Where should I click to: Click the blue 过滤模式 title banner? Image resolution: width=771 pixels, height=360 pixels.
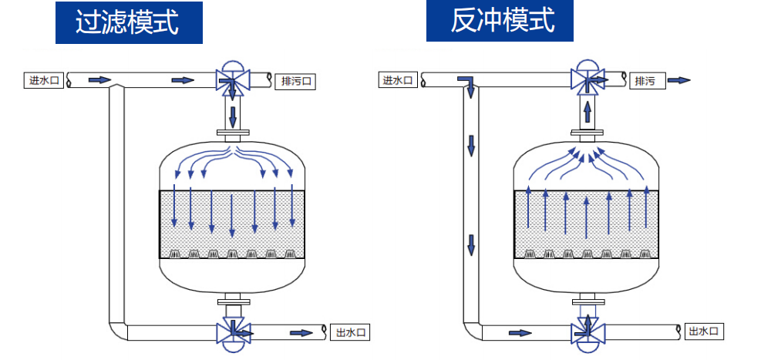tap(128, 22)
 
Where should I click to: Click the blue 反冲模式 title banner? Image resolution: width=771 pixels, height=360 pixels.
tap(502, 20)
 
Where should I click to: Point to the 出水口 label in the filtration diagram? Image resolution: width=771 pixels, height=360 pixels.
tap(350, 333)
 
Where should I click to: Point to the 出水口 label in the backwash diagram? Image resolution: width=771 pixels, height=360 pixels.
tap(705, 331)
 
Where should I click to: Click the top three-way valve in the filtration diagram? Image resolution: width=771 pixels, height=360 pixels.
tap(231, 79)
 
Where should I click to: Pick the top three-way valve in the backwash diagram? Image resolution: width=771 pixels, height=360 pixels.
tap(587, 79)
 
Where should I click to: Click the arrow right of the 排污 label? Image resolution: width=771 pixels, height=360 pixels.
tap(678, 80)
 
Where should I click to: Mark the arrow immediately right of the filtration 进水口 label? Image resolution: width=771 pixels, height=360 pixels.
tap(99, 79)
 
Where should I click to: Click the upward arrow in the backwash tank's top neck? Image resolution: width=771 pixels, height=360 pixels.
tap(588, 113)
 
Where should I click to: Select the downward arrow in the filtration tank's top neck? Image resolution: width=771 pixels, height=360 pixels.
tap(232, 118)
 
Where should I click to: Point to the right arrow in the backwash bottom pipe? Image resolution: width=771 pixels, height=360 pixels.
tap(520, 333)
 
